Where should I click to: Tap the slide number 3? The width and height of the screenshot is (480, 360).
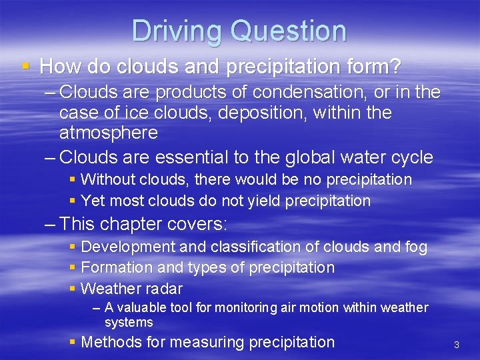click(x=457, y=345)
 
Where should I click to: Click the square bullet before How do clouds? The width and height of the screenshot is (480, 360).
click(x=25, y=66)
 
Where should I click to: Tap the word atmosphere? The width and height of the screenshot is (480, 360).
click(x=108, y=133)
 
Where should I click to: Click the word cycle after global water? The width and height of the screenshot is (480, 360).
click(x=409, y=157)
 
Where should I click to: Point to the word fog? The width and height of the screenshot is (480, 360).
click(x=415, y=247)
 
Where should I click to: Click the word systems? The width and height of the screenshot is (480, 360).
click(x=129, y=323)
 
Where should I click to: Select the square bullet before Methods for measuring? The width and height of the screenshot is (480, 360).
click(x=73, y=342)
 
